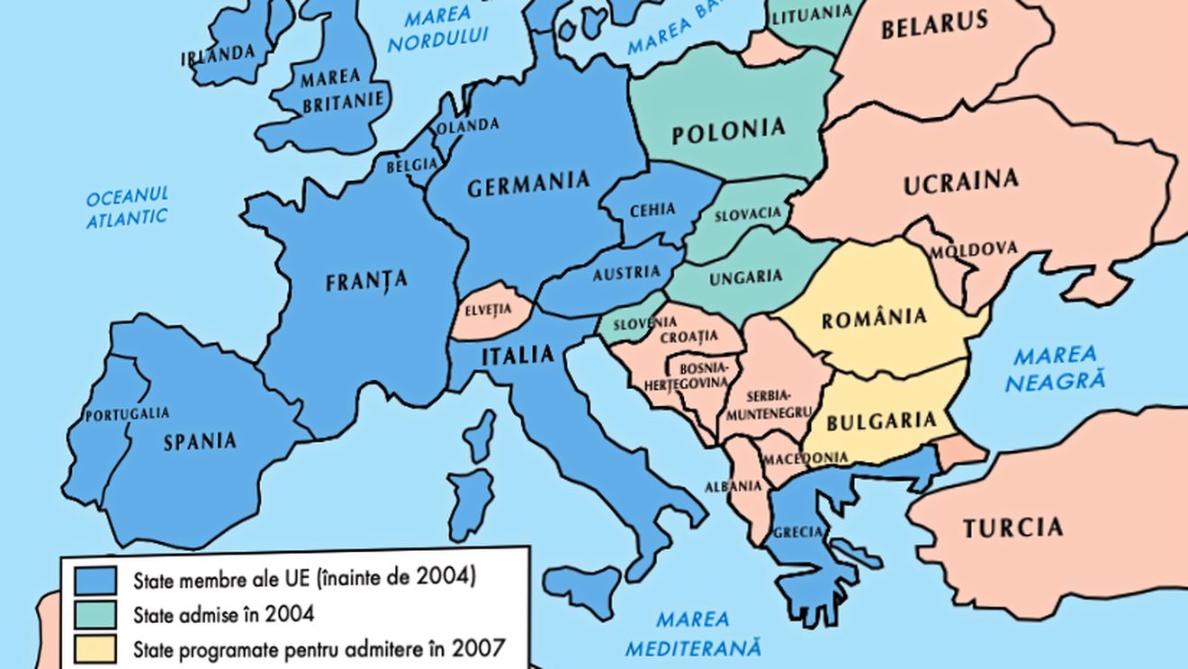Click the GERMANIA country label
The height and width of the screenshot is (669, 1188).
pos(528,184)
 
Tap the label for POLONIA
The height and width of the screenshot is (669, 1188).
pos(728,131)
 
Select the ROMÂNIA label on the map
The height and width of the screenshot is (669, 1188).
pos(873,318)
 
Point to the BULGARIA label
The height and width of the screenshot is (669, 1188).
pos(881,420)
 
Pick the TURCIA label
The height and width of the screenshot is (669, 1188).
pos(1012,528)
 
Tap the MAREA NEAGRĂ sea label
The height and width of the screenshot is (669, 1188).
pos(1055,368)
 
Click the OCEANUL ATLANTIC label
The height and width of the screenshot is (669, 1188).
pos(127,207)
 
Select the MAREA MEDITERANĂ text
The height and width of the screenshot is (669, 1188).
pos(693,634)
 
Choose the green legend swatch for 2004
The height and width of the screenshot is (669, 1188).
pos(94,614)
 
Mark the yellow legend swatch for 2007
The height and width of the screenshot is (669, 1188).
pos(94,647)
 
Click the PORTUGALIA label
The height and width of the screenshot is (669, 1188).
pos(127,414)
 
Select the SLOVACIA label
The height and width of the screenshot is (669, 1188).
pos(748,214)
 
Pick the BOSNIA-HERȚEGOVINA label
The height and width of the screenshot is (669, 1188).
pos(697,376)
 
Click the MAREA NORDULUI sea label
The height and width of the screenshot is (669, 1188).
pos(438,27)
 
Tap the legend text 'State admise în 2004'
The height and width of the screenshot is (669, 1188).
pos(224,615)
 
